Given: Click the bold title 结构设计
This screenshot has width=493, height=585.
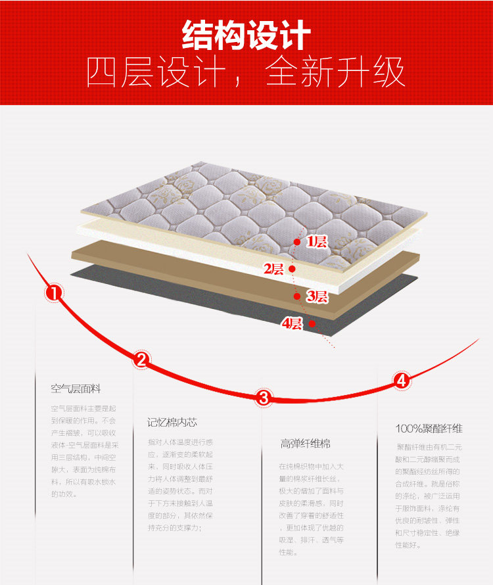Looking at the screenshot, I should pos(246,35).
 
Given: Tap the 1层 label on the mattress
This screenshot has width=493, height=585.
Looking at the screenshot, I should pos(317,242).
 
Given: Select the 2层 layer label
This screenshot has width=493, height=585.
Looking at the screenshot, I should pos(273,268).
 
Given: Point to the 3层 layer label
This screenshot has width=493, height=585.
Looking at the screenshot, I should pos(317,296).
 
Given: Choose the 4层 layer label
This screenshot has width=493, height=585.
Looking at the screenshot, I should pos(291,323).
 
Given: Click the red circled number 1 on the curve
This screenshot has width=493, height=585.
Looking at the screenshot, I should pos(54,292).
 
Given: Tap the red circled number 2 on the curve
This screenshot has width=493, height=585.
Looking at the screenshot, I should pos(141,359).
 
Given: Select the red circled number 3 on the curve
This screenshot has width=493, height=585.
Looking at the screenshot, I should pos(264,397).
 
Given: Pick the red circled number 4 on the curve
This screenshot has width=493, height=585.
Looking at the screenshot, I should pos(402,380).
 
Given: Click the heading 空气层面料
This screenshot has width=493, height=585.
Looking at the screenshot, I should pos(76,389).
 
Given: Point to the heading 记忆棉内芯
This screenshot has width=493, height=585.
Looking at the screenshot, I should pos(172,422).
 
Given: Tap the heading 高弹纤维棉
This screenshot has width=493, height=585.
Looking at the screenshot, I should pos(305,444).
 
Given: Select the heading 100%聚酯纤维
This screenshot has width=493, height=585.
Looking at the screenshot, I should pos(429,429).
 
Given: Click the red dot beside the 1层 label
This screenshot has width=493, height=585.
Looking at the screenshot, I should pos(297,242).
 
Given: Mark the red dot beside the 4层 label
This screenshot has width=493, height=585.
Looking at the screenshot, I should pos(312,323).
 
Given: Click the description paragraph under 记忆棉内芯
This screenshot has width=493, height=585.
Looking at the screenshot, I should pos(181,484).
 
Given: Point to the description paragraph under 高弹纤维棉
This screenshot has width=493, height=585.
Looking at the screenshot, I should pos(312,509).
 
